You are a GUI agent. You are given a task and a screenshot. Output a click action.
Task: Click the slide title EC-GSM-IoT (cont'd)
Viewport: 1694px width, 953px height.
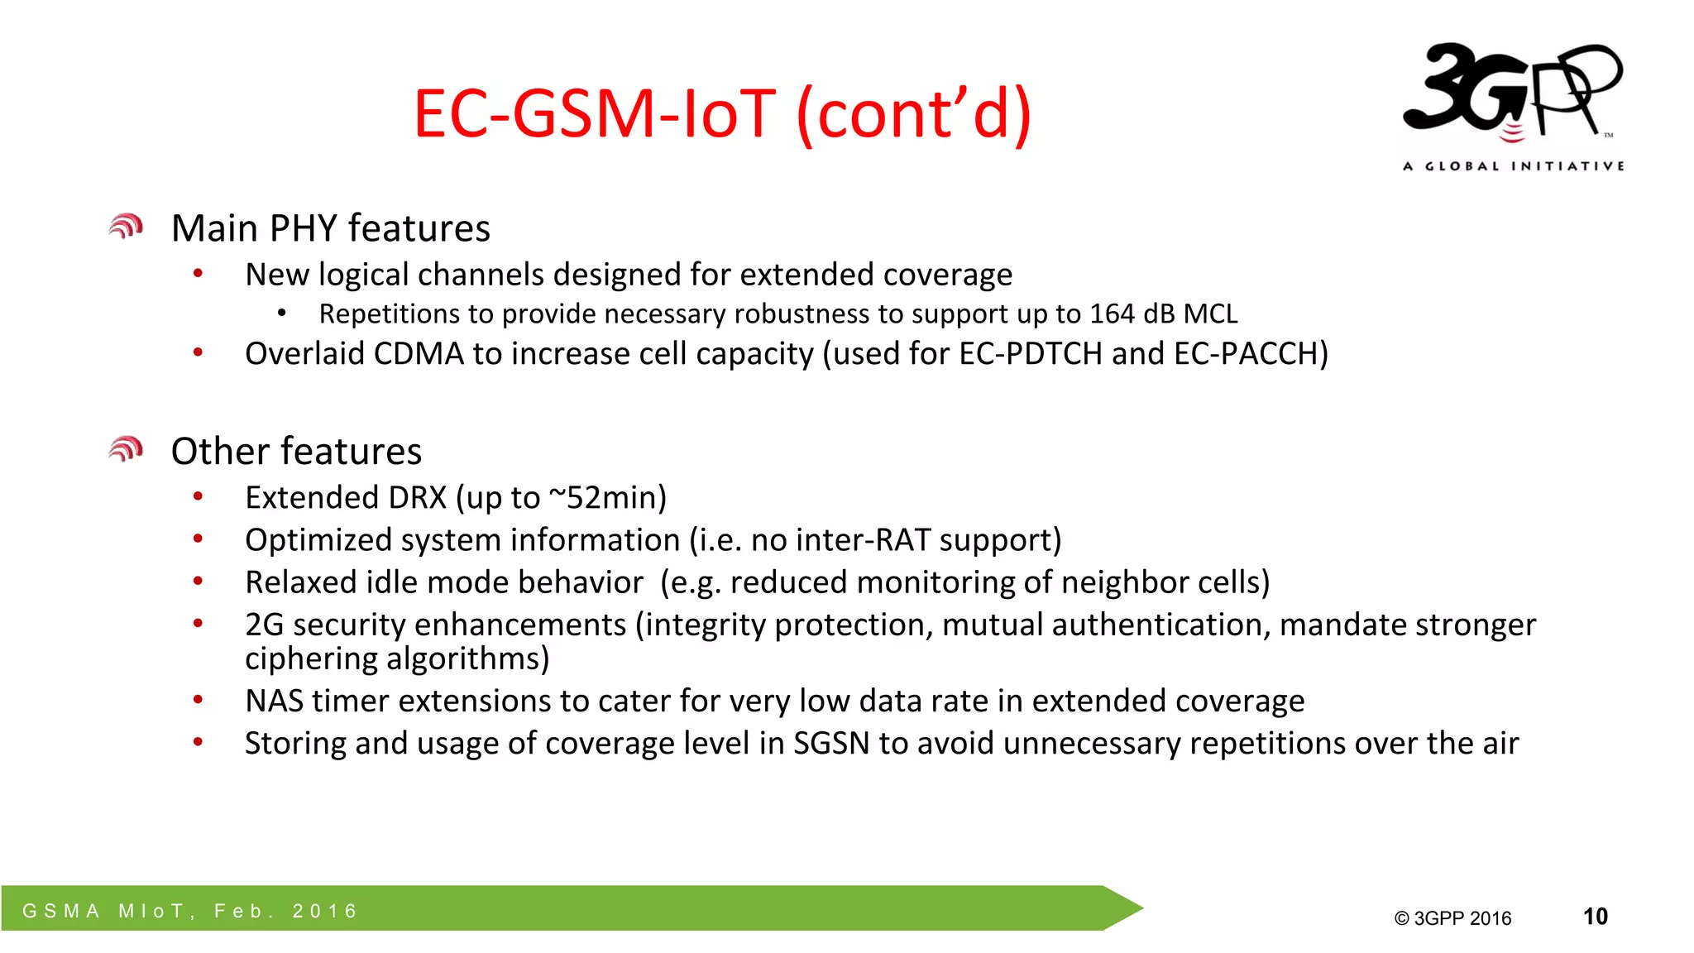[x=722, y=113]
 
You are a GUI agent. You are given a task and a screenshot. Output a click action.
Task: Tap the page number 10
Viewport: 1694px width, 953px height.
[x=1595, y=917]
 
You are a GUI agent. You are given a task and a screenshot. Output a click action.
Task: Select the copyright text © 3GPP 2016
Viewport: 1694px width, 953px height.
[x=1452, y=918]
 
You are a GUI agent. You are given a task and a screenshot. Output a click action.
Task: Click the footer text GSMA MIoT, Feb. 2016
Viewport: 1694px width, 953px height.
[x=190, y=911]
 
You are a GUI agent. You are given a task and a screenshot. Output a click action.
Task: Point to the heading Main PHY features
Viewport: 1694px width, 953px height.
[x=330, y=228]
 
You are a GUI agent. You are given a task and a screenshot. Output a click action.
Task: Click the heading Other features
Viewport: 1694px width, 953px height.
[x=296, y=452]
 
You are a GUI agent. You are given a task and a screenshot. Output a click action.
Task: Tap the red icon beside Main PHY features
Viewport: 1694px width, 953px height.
[x=126, y=227]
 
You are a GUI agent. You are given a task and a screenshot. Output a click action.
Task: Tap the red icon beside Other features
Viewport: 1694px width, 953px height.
[x=126, y=449]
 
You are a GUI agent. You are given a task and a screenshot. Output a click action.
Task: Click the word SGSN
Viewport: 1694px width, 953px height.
[x=831, y=744]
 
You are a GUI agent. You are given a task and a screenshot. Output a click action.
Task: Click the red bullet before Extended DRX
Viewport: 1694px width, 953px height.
[x=198, y=497]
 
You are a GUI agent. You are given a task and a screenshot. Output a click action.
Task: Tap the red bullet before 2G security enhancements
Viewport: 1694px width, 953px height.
[x=198, y=624]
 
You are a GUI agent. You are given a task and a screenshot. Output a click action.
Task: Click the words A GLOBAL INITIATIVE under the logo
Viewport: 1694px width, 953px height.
[x=1513, y=166]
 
